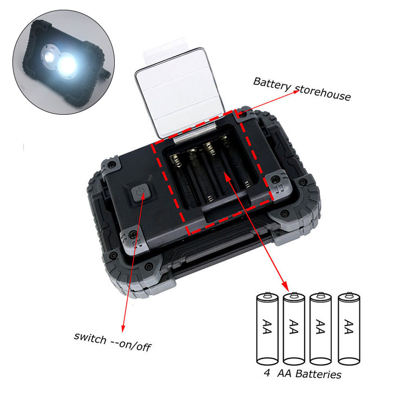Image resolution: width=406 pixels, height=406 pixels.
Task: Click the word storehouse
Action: coord(323,92)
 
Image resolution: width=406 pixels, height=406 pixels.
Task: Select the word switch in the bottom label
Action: coord(90,338)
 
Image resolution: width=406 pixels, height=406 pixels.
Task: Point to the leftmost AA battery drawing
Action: coord(267,329)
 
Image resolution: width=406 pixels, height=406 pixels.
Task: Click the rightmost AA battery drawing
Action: coord(349,329)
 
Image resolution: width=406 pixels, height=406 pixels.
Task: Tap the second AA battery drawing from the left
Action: coord(293,329)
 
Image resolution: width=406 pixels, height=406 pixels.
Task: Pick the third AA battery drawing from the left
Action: coord(320,329)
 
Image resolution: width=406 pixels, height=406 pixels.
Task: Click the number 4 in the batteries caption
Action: coord(267,373)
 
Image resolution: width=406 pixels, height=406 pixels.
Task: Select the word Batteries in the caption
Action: coord(318,374)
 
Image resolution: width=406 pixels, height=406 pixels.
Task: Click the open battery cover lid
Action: coord(180,92)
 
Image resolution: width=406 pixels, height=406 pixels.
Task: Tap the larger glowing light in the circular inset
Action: coord(67,65)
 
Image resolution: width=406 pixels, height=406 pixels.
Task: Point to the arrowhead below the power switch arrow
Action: coord(123,329)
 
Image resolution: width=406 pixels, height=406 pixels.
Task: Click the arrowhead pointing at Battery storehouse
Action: coord(296,91)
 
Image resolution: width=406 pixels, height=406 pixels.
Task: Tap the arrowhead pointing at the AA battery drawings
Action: coord(286,287)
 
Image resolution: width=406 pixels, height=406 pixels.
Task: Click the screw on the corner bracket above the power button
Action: coord(112,164)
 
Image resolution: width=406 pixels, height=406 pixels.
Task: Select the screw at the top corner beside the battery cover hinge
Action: coord(243,114)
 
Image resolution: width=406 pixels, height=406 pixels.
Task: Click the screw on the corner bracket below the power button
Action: coord(133,235)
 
